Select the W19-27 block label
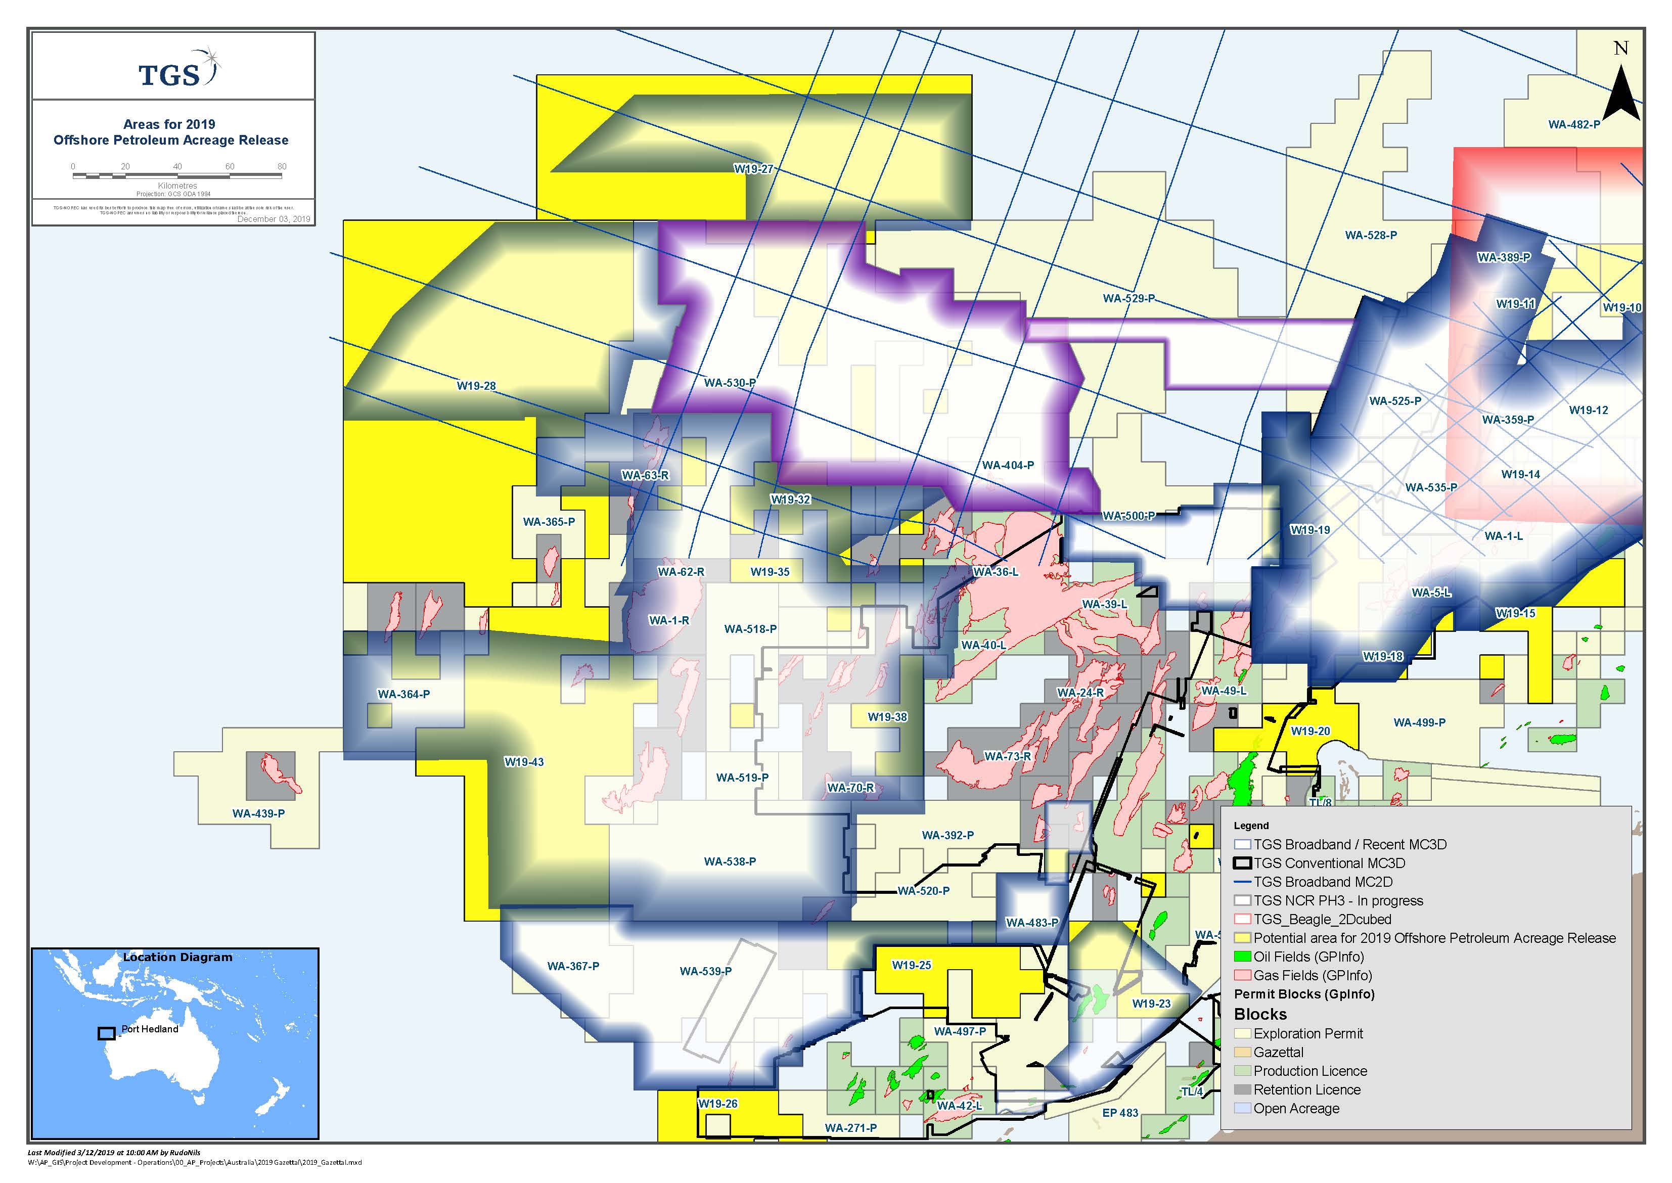753,169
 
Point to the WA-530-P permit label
729,382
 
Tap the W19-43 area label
524,762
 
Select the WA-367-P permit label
573,966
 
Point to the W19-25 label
912,965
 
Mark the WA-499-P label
1419,722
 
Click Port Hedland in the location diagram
149,1029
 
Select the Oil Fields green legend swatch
1242,957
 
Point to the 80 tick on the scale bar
282,167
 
